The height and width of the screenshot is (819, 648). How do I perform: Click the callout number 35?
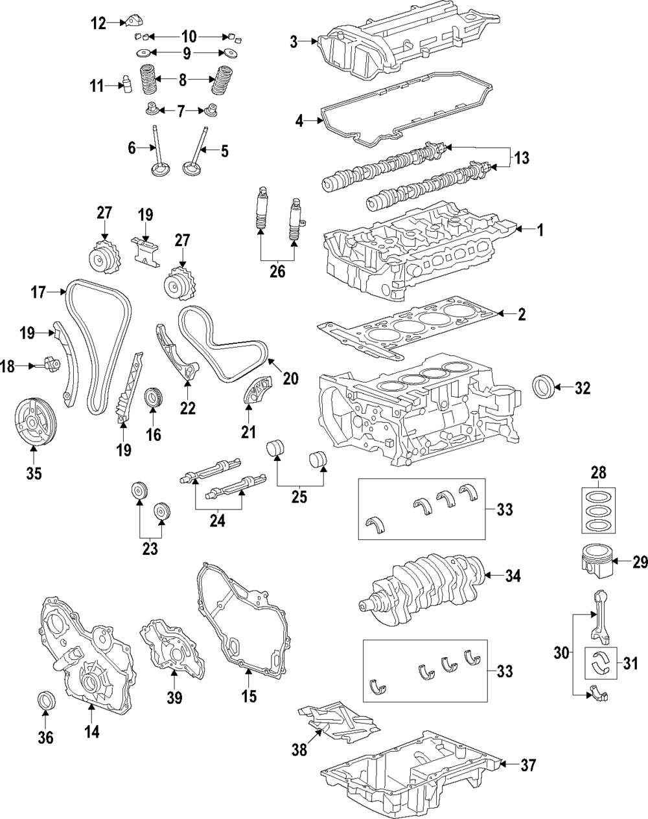[34, 473]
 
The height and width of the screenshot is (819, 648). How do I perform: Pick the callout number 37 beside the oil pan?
[528, 765]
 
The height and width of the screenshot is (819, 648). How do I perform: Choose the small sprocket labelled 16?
[154, 397]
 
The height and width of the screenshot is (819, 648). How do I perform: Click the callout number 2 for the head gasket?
[522, 315]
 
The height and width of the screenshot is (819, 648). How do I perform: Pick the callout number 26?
[277, 271]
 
